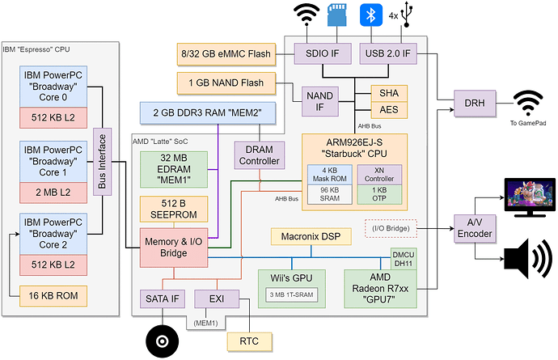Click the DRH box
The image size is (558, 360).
point(469,103)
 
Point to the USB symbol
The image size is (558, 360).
point(413,16)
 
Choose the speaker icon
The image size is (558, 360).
point(528,260)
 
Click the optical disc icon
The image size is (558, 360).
point(162,342)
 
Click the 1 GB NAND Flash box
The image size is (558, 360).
point(224,82)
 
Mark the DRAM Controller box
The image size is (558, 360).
point(258,155)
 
